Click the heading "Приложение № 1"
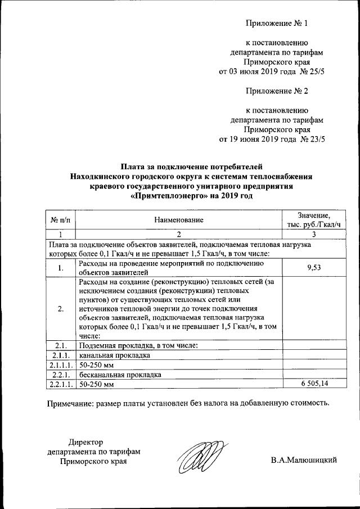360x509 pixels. tap(277, 24)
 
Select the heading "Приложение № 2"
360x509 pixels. tap(277, 91)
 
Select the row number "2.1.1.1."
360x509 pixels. tap(60, 365)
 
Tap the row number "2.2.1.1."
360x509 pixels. tap(60, 384)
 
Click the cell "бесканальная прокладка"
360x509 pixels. tap(120, 374)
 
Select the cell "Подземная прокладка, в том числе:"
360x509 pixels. tap(137, 345)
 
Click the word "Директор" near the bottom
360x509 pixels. tap(86, 442)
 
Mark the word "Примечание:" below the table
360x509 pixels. tap(69, 403)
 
